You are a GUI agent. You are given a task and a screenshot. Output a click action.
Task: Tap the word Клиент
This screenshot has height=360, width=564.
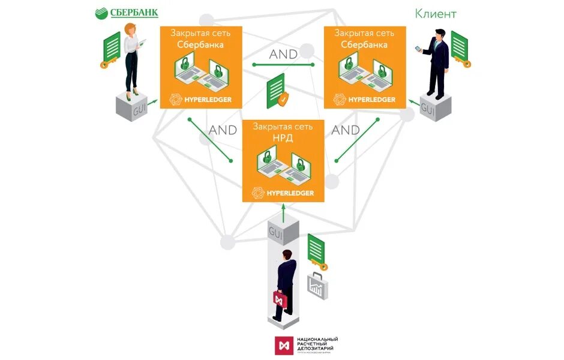[436, 13]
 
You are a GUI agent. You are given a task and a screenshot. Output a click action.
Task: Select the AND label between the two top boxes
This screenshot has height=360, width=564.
[283, 54]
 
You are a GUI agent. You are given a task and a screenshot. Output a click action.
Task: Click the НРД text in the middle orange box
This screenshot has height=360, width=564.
[283, 139]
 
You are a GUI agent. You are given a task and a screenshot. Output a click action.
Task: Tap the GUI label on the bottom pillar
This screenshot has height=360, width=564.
[276, 232]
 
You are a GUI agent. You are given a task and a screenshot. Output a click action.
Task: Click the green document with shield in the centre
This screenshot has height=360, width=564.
[277, 91]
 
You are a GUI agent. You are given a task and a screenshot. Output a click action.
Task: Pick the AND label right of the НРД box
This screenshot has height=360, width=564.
[346, 130]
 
